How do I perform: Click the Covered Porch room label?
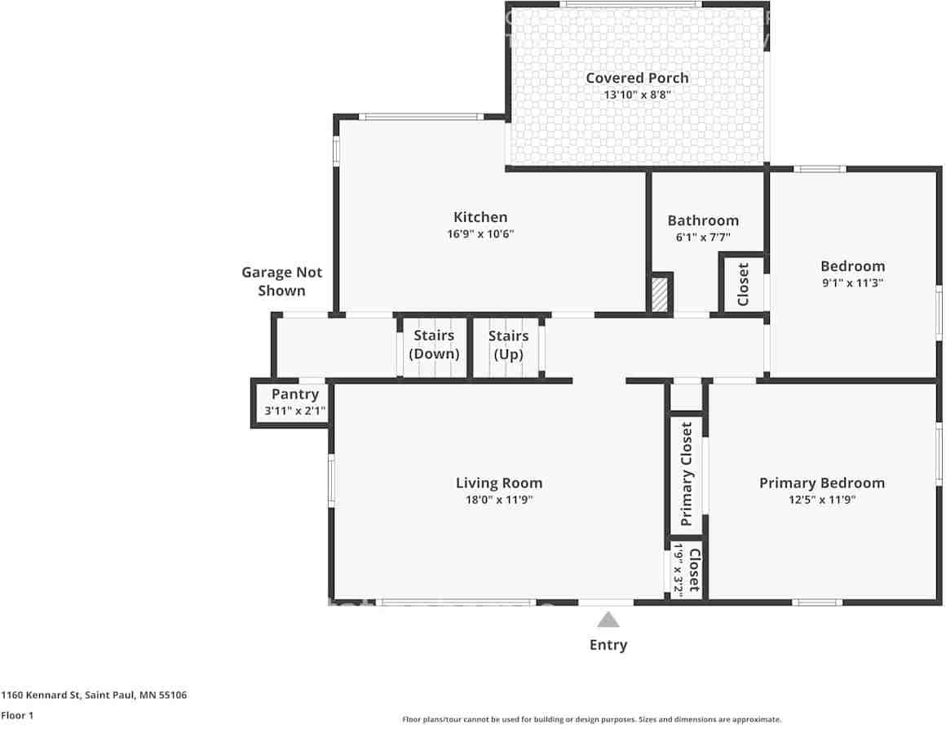pos(637,78)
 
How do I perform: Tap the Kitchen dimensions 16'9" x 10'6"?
pos(480,233)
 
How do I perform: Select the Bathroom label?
pos(703,220)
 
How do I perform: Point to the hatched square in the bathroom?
pos(660,294)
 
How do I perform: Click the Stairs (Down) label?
pos(434,344)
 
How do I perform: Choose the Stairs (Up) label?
pos(508,344)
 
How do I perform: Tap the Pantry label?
pos(295,394)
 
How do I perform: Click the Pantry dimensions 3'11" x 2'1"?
pos(295,411)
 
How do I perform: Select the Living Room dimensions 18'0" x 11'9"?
pos(499,500)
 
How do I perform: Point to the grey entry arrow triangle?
pos(608,620)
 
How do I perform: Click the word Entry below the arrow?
pos(608,645)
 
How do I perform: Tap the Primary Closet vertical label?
pos(687,474)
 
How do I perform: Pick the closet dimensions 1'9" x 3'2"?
pos(679,570)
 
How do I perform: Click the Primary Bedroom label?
pos(822,483)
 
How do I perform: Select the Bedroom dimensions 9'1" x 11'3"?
pos(852,282)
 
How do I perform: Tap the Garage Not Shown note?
pos(281,282)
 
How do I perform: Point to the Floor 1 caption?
pos(17,716)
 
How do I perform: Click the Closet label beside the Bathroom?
pos(743,284)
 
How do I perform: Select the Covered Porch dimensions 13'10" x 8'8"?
pos(637,95)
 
